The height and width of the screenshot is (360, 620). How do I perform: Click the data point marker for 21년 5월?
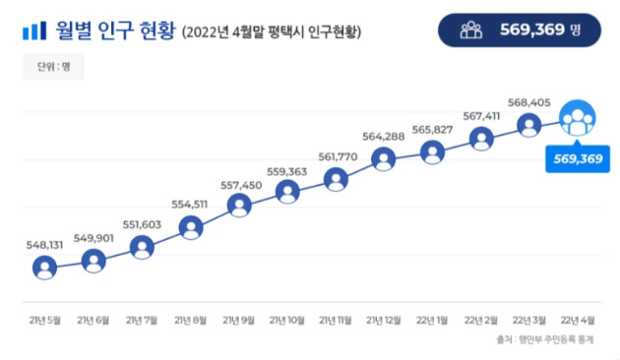(44, 268)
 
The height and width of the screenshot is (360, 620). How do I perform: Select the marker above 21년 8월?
(191, 228)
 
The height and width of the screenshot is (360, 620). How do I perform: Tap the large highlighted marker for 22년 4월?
(578, 121)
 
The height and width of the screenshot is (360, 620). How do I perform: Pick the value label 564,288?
(384, 137)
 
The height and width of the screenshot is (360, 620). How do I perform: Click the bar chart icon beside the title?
(31, 31)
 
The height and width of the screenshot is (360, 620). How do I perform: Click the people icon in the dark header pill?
(471, 30)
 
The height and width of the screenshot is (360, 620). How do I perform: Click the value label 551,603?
(143, 224)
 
